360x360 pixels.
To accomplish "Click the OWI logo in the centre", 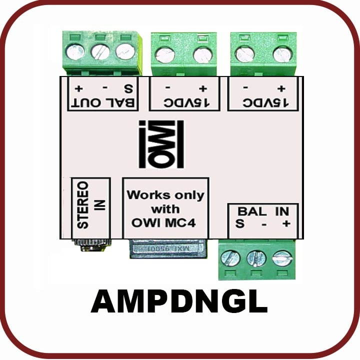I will (161, 144).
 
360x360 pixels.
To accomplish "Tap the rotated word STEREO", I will (84, 205).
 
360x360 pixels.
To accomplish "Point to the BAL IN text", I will (263, 211).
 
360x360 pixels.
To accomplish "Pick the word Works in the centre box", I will (145, 194).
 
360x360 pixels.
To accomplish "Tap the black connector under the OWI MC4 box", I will (167, 248).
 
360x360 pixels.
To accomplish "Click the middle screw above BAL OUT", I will (100, 51).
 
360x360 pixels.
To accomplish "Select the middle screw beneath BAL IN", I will (255, 258).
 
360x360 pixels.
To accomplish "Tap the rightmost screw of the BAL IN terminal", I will (281, 257).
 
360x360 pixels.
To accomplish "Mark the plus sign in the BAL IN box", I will (285, 224).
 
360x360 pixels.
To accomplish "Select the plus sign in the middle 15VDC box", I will (202, 89).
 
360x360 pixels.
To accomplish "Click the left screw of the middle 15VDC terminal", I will (164, 54).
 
